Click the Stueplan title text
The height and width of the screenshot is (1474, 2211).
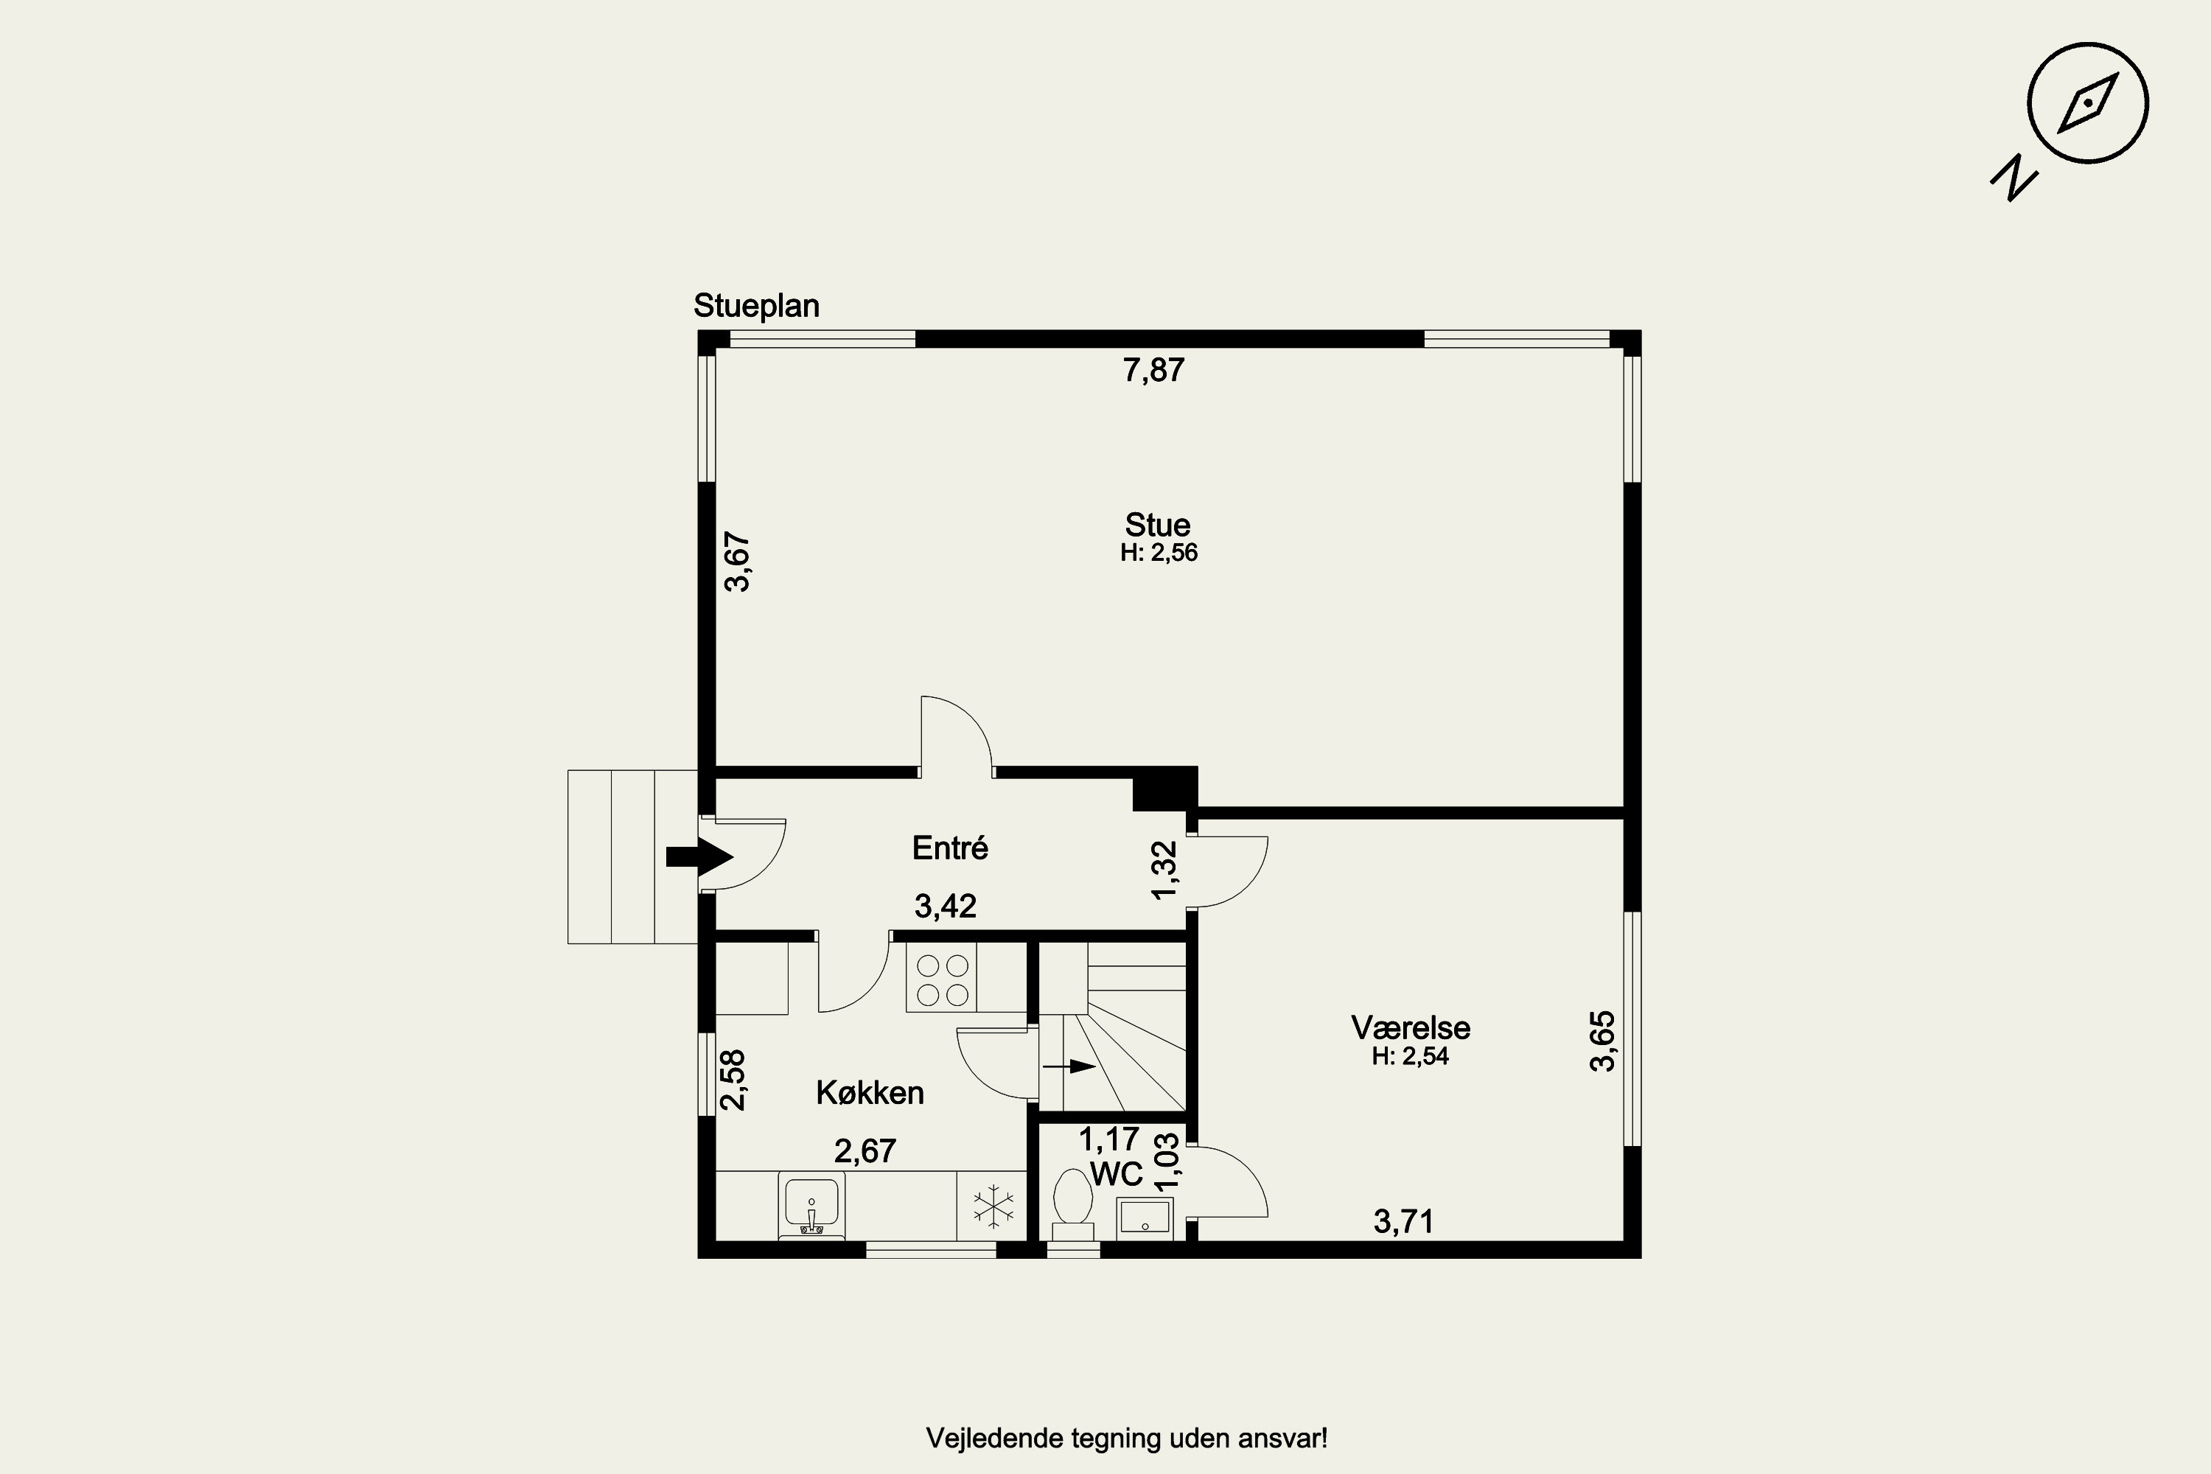[756, 306]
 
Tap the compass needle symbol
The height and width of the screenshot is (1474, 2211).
[2087, 102]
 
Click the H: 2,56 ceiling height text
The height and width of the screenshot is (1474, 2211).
[1158, 553]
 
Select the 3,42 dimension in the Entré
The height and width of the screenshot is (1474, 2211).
[945, 907]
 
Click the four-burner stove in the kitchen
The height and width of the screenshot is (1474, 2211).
[942, 979]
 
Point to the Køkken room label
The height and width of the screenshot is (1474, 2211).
[870, 1092]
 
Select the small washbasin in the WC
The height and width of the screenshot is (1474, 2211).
[1144, 1217]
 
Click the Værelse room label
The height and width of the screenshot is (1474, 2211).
[1410, 1027]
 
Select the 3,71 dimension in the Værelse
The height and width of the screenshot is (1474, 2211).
[1403, 1221]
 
